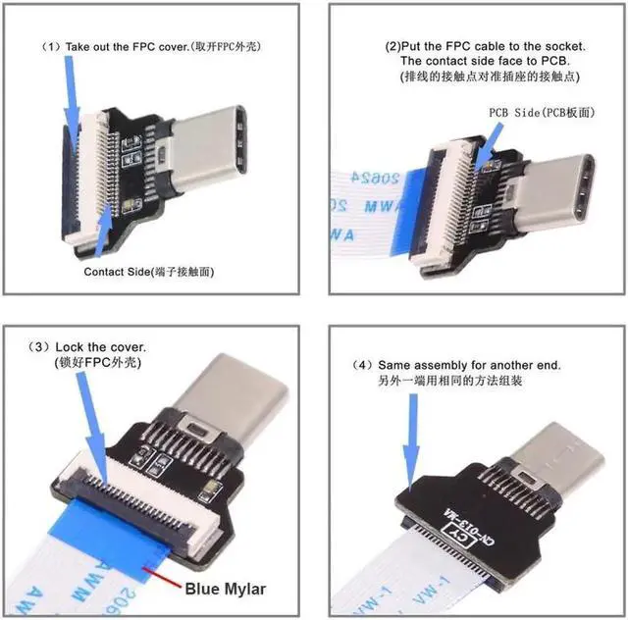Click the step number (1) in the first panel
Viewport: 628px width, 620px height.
pos(50,46)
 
